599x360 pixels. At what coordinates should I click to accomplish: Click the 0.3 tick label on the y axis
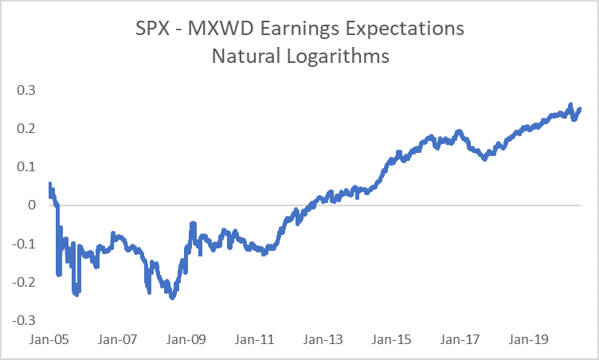pos(27,90)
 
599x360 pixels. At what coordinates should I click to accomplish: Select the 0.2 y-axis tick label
pos(27,128)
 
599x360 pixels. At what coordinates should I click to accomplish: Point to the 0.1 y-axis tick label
pos(27,166)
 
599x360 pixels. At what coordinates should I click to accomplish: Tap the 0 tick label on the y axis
pos(33,205)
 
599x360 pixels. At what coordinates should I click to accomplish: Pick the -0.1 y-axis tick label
pos(25,244)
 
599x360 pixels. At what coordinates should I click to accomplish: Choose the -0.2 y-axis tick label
pos(25,282)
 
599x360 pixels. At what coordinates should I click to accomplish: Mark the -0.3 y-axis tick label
pos(25,320)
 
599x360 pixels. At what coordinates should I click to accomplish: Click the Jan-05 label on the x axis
pos(48,338)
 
